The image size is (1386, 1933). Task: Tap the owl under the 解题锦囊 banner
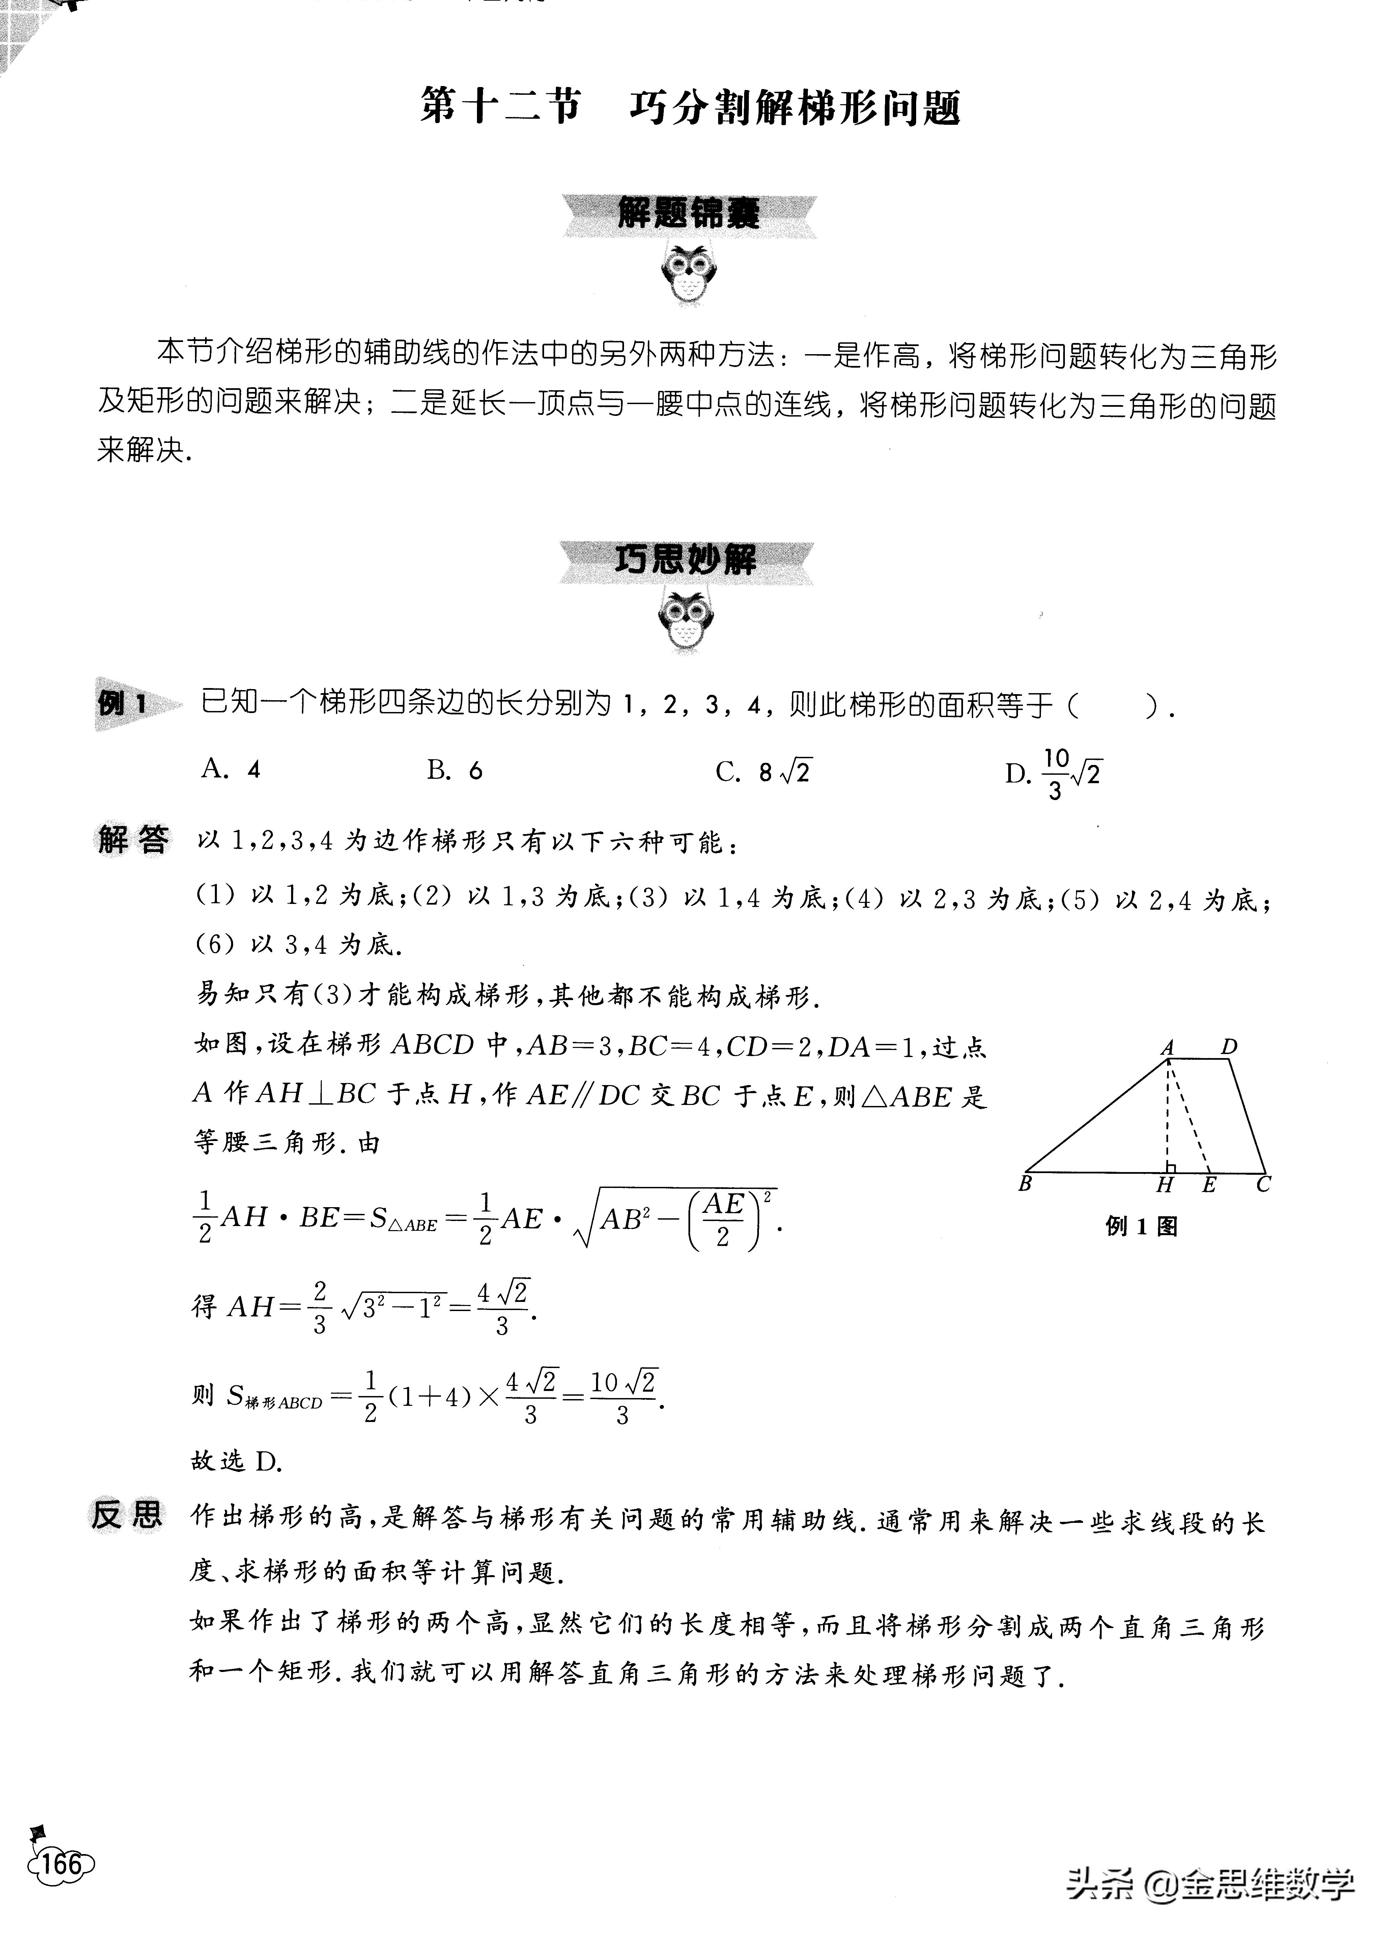point(689,275)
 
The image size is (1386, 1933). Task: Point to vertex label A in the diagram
point(1168,1048)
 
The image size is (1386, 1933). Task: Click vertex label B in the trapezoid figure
point(1025,1184)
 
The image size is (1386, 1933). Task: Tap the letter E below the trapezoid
point(1209,1185)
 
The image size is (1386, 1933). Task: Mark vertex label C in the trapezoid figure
point(1263,1184)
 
